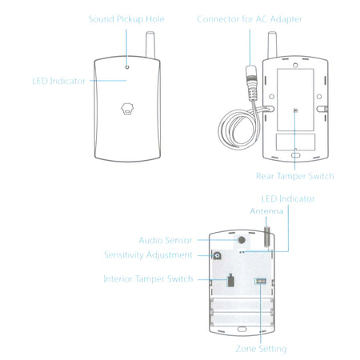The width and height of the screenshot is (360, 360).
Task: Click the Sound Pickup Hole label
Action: tap(126, 19)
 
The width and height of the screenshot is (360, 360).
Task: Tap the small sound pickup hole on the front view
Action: tap(127, 67)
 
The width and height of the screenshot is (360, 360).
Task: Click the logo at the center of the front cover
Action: tap(127, 109)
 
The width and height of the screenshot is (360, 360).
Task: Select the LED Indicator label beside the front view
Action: tap(58, 81)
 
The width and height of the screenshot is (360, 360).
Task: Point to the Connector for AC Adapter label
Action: tap(250, 19)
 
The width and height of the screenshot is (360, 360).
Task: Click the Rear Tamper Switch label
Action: tap(294, 176)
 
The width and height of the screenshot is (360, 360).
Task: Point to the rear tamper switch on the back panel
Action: tap(295, 110)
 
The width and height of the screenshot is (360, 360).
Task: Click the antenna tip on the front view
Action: tap(150, 33)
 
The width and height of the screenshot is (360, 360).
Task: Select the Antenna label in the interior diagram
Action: tap(266, 211)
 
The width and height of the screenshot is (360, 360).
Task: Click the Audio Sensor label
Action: tap(166, 240)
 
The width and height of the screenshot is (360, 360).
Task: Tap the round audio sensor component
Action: tap(242, 240)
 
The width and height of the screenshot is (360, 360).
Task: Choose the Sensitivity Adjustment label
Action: tap(148, 255)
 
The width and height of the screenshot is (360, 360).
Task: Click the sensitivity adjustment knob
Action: tap(218, 256)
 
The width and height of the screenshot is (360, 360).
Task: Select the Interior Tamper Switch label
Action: tap(148, 279)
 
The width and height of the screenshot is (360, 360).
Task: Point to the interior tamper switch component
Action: tap(230, 280)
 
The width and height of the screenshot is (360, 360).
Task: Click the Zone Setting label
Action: tap(261, 349)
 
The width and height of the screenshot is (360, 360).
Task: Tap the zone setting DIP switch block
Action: tap(261, 281)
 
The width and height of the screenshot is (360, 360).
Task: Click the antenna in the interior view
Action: tap(267, 237)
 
